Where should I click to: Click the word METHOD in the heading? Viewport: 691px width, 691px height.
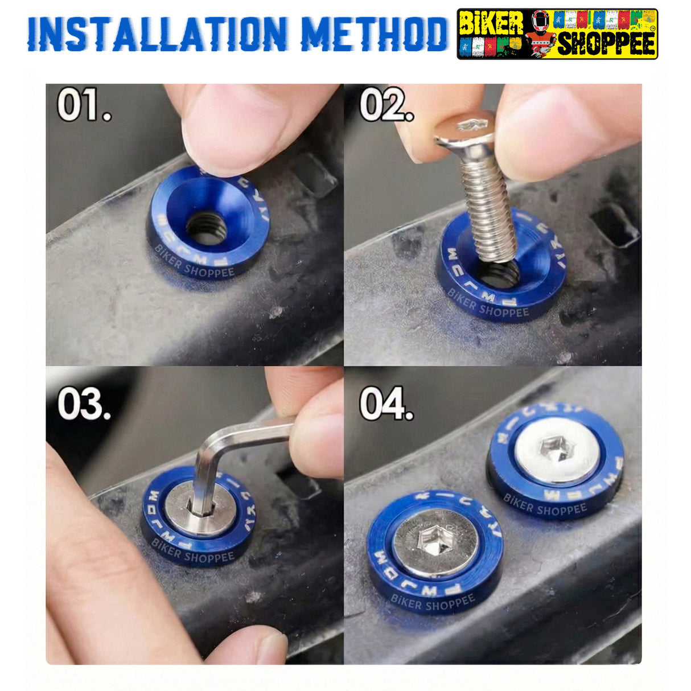point(374,34)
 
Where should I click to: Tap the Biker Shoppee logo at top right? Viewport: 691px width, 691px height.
point(557,34)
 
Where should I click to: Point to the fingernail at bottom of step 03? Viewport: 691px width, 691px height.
point(266,646)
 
